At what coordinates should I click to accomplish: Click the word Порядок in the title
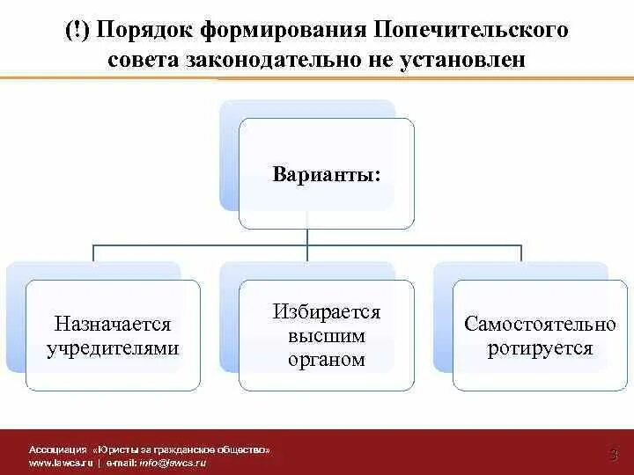click(147, 31)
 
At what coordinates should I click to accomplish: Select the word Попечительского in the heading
click(471, 31)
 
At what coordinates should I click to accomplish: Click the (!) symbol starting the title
click(77, 31)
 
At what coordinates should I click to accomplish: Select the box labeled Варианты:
click(327, 172)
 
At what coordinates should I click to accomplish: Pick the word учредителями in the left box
click(113, 347)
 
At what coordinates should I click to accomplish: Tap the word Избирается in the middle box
click(327, 312)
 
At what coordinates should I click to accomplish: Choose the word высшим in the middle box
click(327, 336)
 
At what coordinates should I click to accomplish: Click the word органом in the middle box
click(327, 359)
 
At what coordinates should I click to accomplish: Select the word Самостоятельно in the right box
click(541, 325)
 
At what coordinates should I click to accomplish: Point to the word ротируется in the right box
click(541, 347)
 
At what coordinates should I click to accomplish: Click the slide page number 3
click(613, 454)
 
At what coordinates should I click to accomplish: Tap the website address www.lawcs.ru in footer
click(61, 462)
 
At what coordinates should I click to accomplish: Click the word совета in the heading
click(144, 61)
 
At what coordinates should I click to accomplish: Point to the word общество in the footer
click(244, 449)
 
